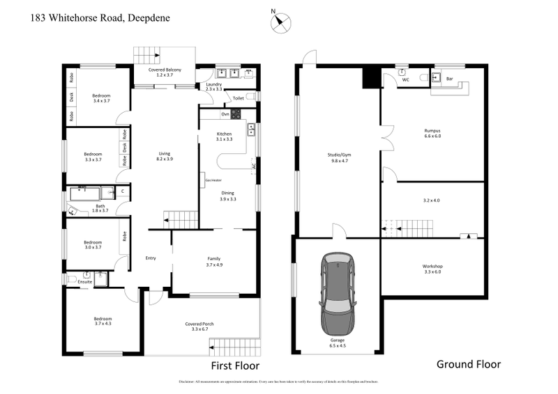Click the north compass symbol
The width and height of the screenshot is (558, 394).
[280, 22]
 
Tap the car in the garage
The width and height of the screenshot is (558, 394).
[338, 293]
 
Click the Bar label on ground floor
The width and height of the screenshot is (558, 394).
[450, 79]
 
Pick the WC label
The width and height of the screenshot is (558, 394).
[405, 79]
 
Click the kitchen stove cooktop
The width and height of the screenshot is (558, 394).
[236, 114]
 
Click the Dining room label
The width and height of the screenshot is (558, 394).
[228, 196]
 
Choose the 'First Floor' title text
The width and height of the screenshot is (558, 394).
[235, 365]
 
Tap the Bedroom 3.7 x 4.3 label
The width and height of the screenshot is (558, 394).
[103, 321]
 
